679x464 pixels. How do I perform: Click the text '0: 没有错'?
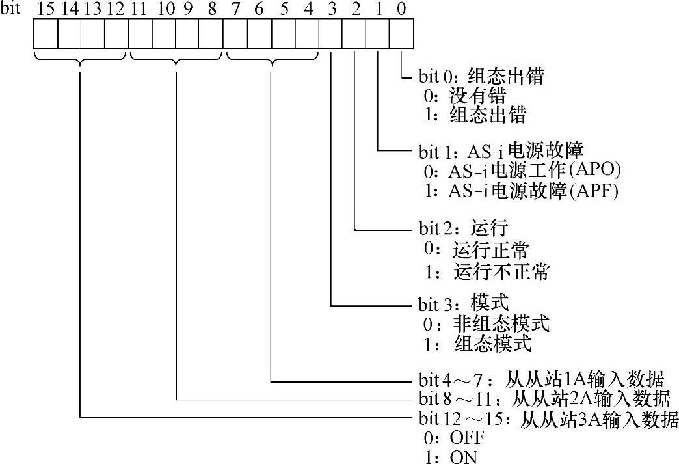coord(464,96)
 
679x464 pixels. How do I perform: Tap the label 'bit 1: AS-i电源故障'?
coord(496,152)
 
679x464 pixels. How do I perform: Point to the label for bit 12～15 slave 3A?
coord(545,419)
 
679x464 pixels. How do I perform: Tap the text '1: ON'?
coord(450,457)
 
